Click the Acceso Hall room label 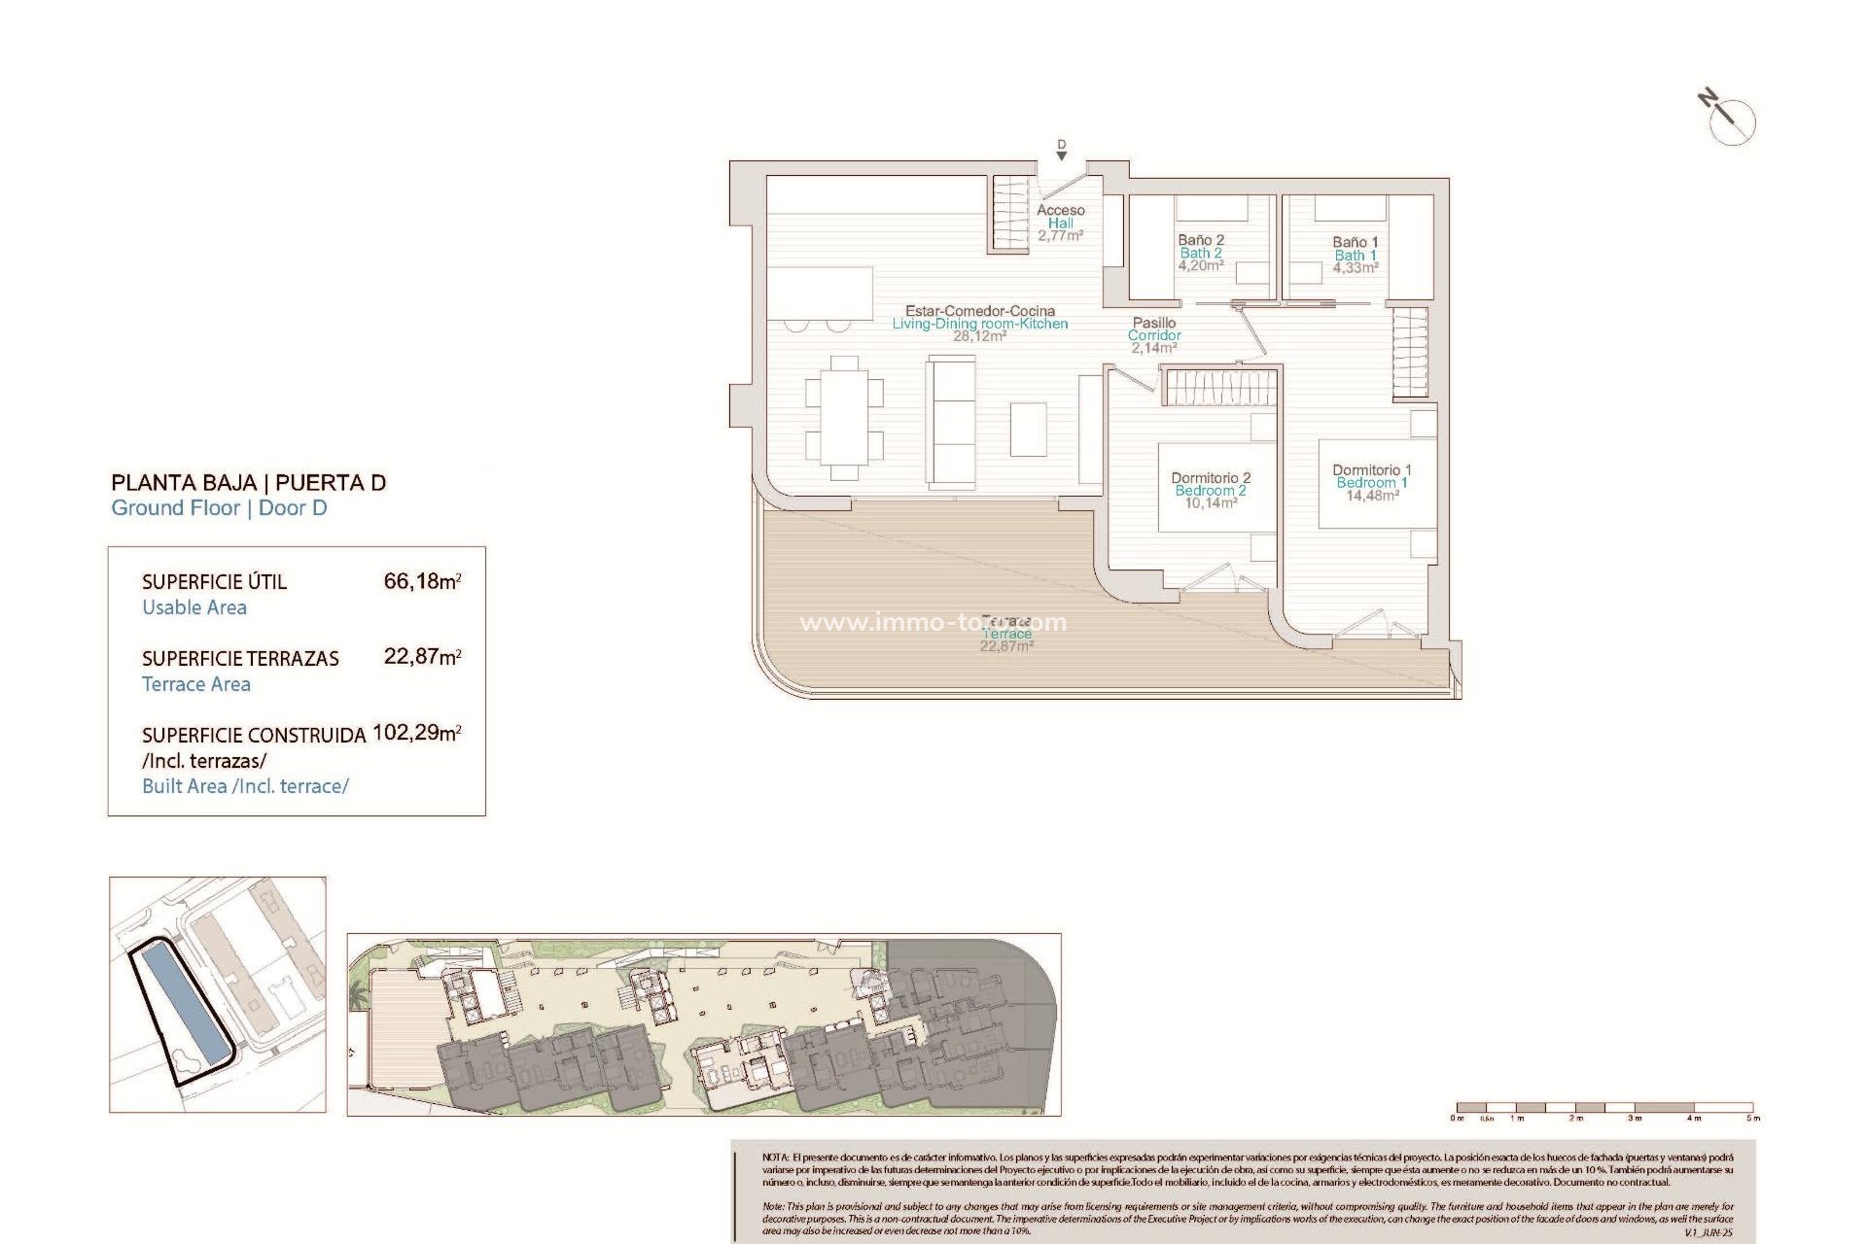click(x=1060, y=216)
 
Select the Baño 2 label click(x=1201, y=240)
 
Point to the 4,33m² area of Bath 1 click(x=1355, y=268)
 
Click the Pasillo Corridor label click(x=1154, y=328)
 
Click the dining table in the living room click(x=844, y=418)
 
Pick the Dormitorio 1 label click(x=1371, y=470)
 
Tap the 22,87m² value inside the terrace click(x=1006, y=646)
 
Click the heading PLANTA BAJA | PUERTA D click(x=248, y=482)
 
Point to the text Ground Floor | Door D click(x=219, y=507)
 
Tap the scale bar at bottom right click(x=1604, y=1108)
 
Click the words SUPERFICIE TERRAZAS click(x=240, y=659)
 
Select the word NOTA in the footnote click(x=775, y=1158)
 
